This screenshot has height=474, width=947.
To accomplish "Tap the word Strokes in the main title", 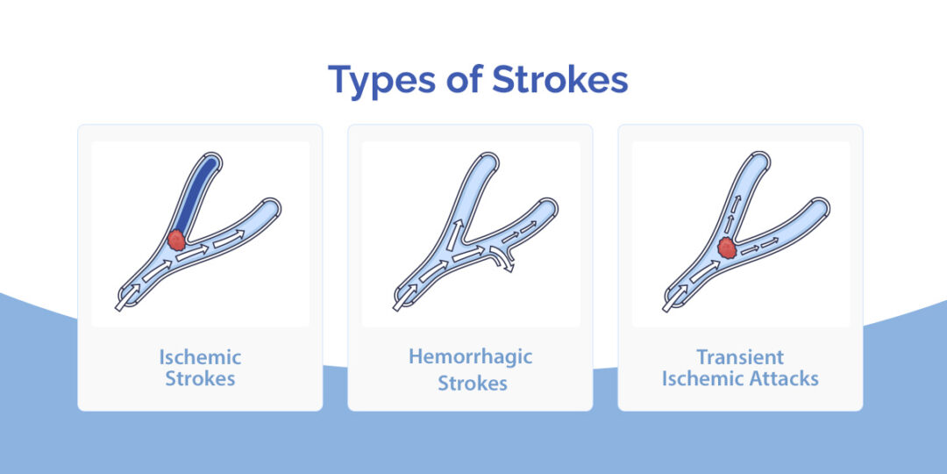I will pyautogui.click(x=559, y=80).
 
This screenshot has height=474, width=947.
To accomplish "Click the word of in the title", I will pyautogui.click(x=463, y=80).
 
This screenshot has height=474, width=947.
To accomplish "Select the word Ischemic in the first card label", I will pyautogui.click(x=200, y=358).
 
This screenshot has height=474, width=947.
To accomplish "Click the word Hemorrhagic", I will pyautogui.click(x=470, y=357).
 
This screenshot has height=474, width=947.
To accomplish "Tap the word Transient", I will pyautogui.click(x=740, y=358).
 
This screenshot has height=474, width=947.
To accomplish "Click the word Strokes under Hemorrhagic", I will pyautogui.click(x=472, y=384).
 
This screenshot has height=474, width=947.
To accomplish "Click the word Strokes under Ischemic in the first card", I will pyautogui.click(x=200, y=379).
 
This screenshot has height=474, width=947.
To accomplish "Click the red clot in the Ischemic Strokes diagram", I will pyautogui.click(x=177, y=239).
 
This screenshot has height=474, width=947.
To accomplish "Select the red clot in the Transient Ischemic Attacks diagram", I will pyautogui.click(x=727, y=249).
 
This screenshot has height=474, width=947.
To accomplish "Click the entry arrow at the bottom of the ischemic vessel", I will pyautogui.click(x=123, y=298).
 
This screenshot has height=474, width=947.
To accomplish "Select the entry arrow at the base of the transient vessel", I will pyautogui.click(x=672, y=298).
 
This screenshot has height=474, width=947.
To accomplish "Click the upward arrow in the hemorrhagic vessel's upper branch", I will pyautogui.click(x=457, y=233).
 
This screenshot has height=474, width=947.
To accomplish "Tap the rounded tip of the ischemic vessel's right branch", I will pyautogui.click(x=274, y=207).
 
